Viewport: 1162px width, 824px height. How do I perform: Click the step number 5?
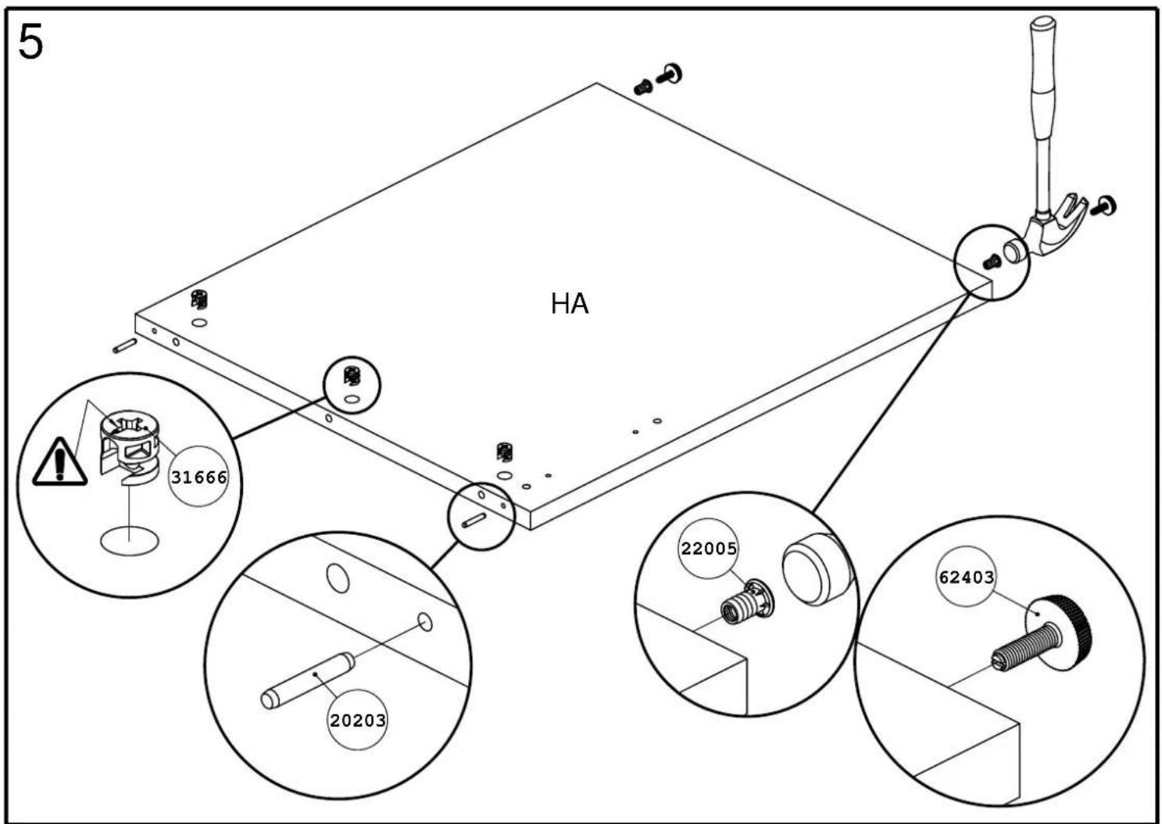pos(30,42)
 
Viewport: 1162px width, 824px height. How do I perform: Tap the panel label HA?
pos(570,304)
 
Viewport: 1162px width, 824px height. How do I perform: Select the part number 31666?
pos(199,477)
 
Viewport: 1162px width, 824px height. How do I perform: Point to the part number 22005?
pos(709,549)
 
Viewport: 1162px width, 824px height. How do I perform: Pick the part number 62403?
pos(967,577)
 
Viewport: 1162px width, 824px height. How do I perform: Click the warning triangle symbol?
pos(59,462)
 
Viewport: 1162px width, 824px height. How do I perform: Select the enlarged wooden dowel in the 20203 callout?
pos(308,679)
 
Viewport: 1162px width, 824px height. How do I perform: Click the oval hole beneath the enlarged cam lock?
pos(129,542)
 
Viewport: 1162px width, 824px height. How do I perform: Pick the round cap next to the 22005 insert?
pos(814,569)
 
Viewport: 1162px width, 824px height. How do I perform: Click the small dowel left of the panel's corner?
pos(125,346)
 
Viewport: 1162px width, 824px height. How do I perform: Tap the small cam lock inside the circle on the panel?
pos(352,376)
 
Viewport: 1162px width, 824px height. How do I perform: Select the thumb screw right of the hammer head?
pos(1103,206)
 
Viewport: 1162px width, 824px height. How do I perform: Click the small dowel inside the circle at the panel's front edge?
pos(474,521)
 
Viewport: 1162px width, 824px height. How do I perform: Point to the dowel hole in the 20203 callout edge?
pos(425,622)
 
